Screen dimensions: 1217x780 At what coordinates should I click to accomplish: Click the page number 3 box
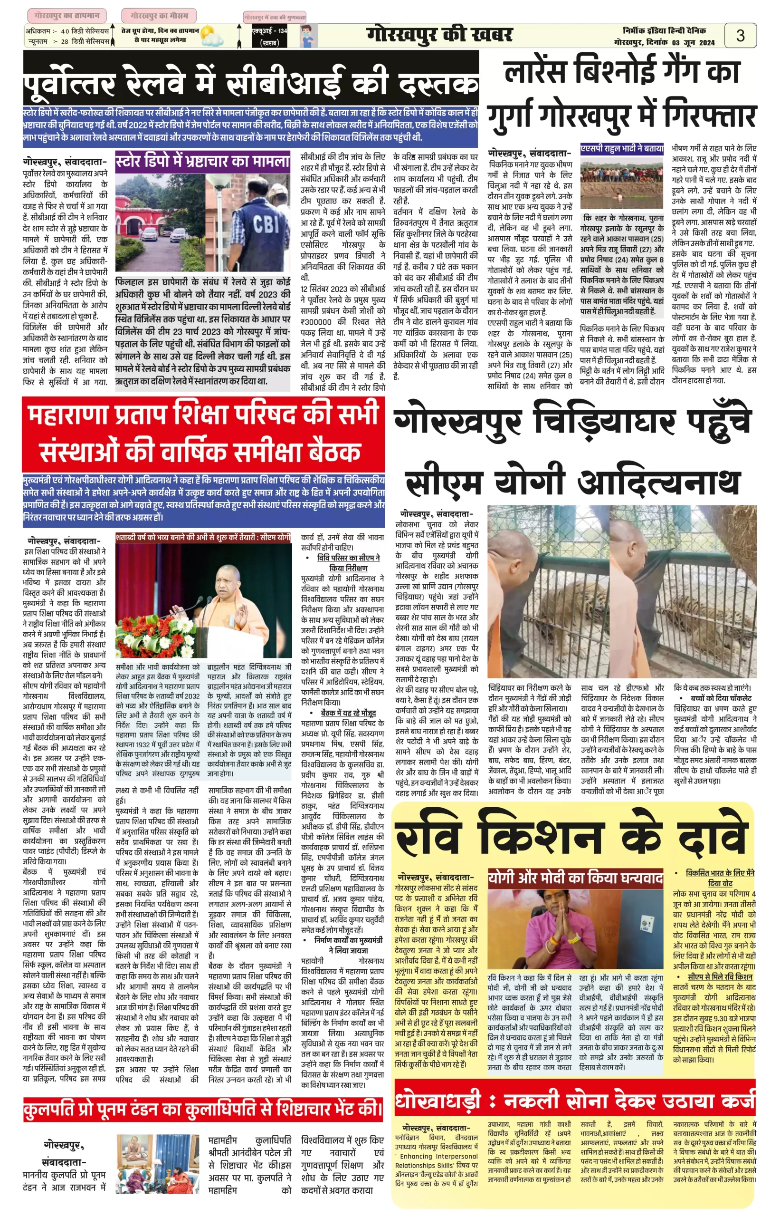click(x=740, y=35)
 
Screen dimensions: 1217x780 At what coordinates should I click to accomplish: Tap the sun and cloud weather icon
click(x=211, y=36)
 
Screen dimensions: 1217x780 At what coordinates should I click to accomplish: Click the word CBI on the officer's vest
click(x=266, y=223)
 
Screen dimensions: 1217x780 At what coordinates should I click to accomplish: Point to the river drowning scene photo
click(x=621, y=182)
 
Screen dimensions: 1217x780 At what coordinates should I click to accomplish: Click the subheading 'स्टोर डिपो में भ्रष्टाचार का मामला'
click(x=202, y=162)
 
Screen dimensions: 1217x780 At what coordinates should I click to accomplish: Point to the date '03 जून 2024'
click(x=694, y=43)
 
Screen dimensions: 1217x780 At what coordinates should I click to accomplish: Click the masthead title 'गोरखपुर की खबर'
click(x=439, y=36)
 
